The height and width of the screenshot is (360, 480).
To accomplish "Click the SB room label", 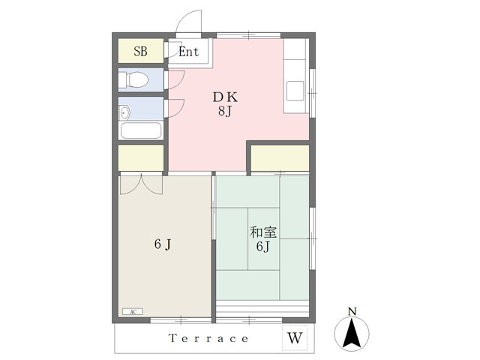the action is point(140,52).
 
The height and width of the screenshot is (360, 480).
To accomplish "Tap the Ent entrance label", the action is point(188,52).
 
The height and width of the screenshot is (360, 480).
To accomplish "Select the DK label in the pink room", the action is point(225,97).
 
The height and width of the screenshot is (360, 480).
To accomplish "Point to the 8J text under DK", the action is point(225,111).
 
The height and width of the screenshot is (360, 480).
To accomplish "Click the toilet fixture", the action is point(133,80).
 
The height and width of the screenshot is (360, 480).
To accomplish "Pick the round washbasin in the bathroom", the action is point(125,113).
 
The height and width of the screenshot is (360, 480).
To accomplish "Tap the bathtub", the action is point(141,130).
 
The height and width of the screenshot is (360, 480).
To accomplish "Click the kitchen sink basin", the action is point(295,91).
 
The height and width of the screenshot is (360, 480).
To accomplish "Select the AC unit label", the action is point(133,312).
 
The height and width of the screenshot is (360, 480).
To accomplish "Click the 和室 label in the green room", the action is point(263,232).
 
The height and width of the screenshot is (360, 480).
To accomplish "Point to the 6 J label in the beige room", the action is point(163,244).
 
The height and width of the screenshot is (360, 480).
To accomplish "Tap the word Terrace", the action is point(208,338).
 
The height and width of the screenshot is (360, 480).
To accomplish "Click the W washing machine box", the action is point(295,337).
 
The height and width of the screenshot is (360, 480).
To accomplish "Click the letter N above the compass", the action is point(352,312).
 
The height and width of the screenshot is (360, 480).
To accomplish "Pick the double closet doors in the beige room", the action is point(141,184).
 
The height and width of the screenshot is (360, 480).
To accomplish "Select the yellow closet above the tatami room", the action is point(280,158).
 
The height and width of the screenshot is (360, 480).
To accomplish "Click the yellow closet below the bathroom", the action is point(141,158).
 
